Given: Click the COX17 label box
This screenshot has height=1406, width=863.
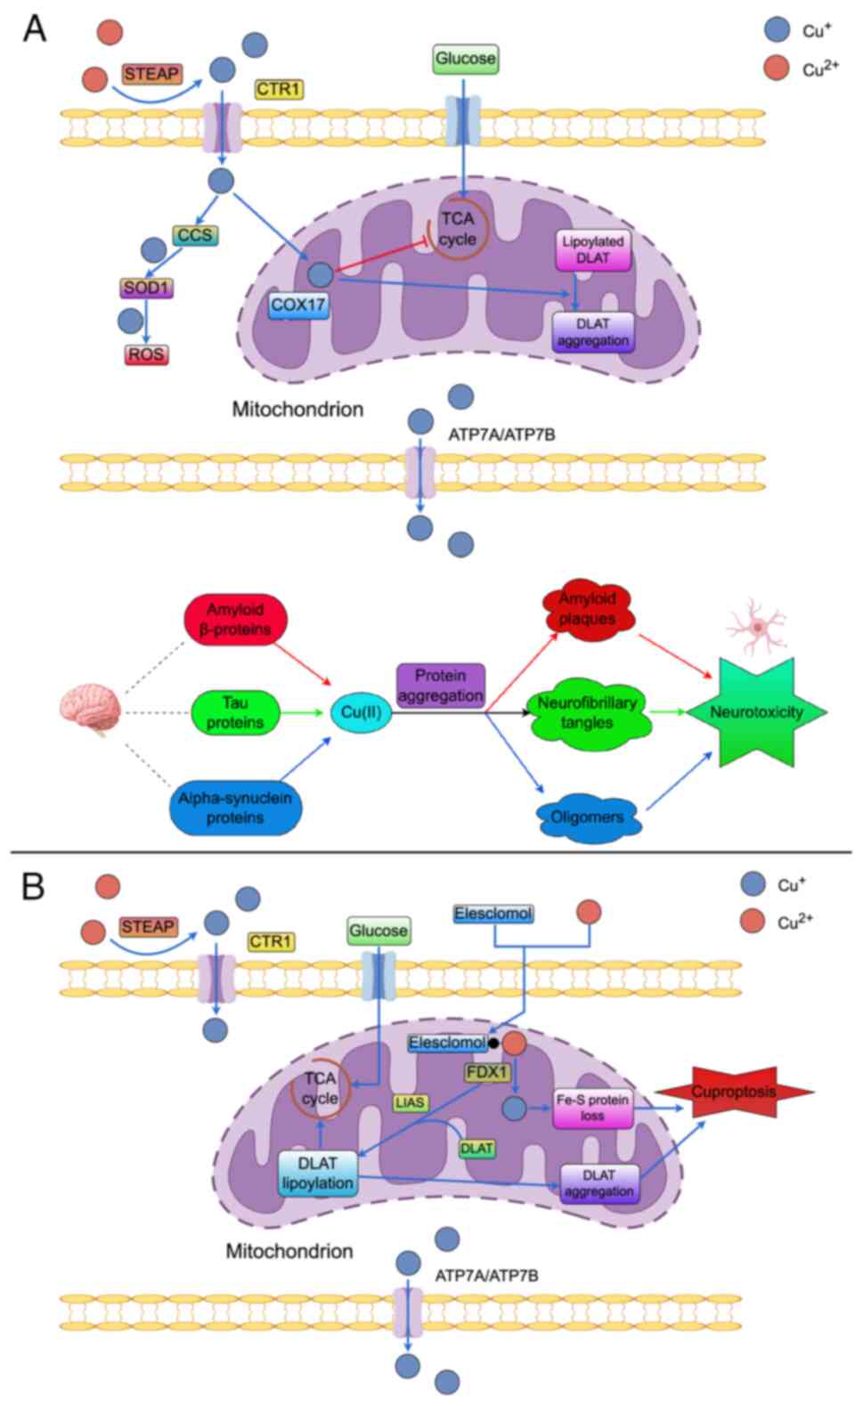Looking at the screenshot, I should click(298, 305).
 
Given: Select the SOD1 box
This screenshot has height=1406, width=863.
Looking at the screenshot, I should click(147, 288).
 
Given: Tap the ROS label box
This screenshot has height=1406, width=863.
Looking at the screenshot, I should click(146, 354).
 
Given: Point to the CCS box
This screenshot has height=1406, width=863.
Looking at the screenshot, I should click(195, 235).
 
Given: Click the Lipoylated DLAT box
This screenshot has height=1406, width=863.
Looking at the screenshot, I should click(592, 249).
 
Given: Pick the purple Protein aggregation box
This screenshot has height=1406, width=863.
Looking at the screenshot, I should click(441, 686).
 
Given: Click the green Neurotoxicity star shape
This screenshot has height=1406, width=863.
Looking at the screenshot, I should click(756, 711).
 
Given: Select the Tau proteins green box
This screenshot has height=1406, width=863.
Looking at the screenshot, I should click(235, 713).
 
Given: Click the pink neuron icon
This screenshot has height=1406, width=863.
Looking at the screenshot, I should click(756, 626).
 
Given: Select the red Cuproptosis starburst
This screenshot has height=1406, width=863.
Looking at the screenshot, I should click(735, 1092).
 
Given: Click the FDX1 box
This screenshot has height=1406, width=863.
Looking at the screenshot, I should click(486, 1071).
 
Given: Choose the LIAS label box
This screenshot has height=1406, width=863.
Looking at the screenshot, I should click(410, 1102).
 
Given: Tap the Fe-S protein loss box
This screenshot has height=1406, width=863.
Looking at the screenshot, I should click(592, 1108).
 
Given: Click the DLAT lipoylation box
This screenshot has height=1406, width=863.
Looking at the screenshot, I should click(318, 1173).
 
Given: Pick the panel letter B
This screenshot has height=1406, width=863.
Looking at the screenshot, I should click(33, 887).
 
